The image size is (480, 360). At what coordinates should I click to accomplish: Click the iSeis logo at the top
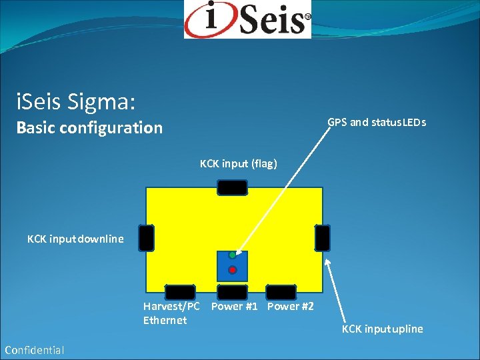click(x=247, y=19)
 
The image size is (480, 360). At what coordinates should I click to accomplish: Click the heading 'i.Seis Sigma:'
click(x=76, y=102)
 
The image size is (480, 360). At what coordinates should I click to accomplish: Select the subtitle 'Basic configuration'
click(x=89, y=127)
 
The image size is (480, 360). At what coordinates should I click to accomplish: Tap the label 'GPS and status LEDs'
click(x=377, y=123)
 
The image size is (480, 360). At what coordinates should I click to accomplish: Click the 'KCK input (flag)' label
click(x=238, y=163)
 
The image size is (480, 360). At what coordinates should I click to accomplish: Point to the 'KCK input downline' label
click(x=75, y=239)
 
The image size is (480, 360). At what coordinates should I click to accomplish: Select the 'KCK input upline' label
click(x=382, y=329)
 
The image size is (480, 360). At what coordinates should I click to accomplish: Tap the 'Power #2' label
click(x=290, y=307)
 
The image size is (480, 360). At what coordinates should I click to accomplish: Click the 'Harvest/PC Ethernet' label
click(x=171, y=313)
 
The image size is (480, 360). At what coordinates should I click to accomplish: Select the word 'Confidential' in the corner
click(x=34, y=350)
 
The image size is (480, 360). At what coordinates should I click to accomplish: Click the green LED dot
click(x=232, y=255)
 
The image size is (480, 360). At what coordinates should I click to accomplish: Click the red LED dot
click(x=232, y=270)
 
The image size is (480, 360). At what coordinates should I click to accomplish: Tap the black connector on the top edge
click(x=233, y=188)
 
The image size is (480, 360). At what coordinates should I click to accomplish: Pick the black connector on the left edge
click(x=147, y=238)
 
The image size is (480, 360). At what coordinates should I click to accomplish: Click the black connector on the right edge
click(x=322, y=238)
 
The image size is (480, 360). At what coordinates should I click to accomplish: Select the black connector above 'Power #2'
click(x=281, y=292)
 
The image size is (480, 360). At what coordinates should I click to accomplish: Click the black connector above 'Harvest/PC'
click(x=180, y=292)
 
